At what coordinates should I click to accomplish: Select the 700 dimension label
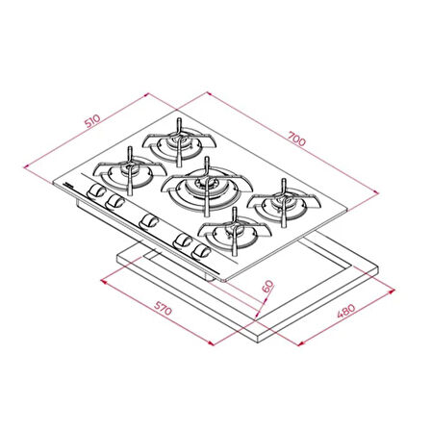tap(296, 140)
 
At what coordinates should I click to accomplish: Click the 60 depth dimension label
tap(267, 286)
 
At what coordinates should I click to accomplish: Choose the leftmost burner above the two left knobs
tap(127, 173)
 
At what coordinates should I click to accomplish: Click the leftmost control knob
tap(96, 194)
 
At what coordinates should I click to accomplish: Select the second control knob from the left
tap(115, 203)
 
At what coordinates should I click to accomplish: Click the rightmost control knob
tap(201, 251)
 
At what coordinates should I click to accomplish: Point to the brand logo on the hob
tap(69, 181)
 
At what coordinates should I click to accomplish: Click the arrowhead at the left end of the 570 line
tap(102, 283)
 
